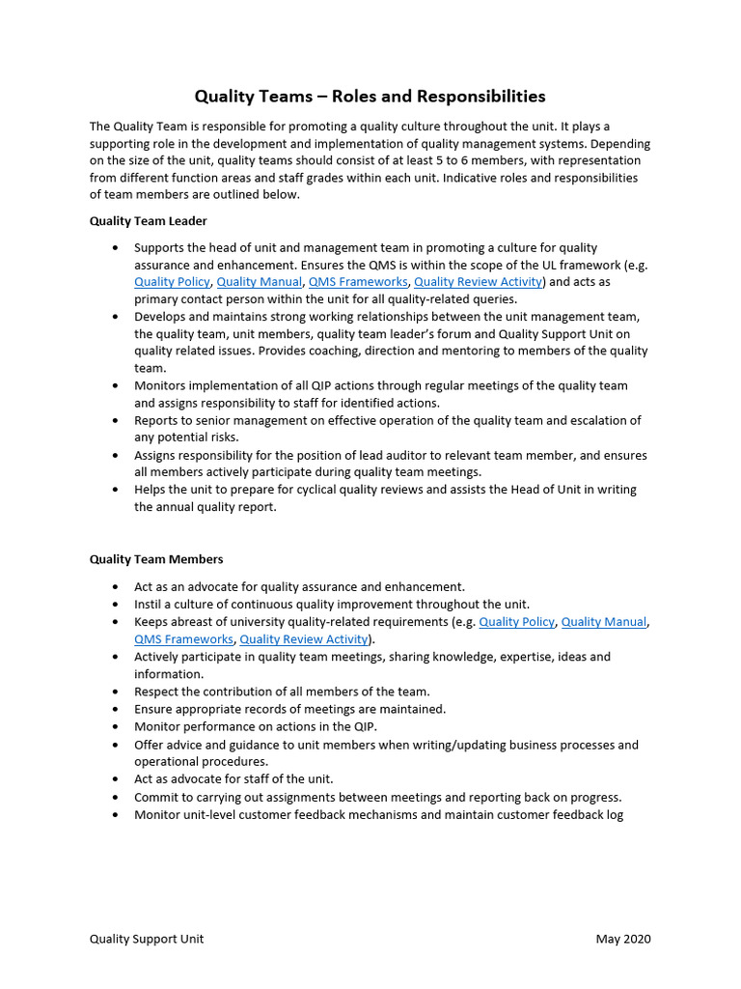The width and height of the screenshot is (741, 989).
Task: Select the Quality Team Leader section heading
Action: tap(148, 221)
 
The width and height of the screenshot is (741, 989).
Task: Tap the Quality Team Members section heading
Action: tap(156, 559)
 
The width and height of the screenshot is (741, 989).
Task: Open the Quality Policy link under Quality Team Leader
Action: tap(172, 282)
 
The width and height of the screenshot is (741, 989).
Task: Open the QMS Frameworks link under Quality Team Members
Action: tap(183, 639)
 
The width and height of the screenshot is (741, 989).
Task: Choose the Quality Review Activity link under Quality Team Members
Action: tap(304, 639)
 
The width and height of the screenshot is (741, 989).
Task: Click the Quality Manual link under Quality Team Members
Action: tap(604, 622)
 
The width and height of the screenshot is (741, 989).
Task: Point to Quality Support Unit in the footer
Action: tap(147, 939)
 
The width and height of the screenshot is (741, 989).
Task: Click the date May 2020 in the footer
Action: tap(623, 939)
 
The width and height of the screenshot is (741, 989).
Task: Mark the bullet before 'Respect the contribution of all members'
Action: tap(116, 692)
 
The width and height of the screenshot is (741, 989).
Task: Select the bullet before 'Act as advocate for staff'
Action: tap(116, 779)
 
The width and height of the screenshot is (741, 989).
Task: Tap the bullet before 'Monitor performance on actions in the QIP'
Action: tap(116, 726)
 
